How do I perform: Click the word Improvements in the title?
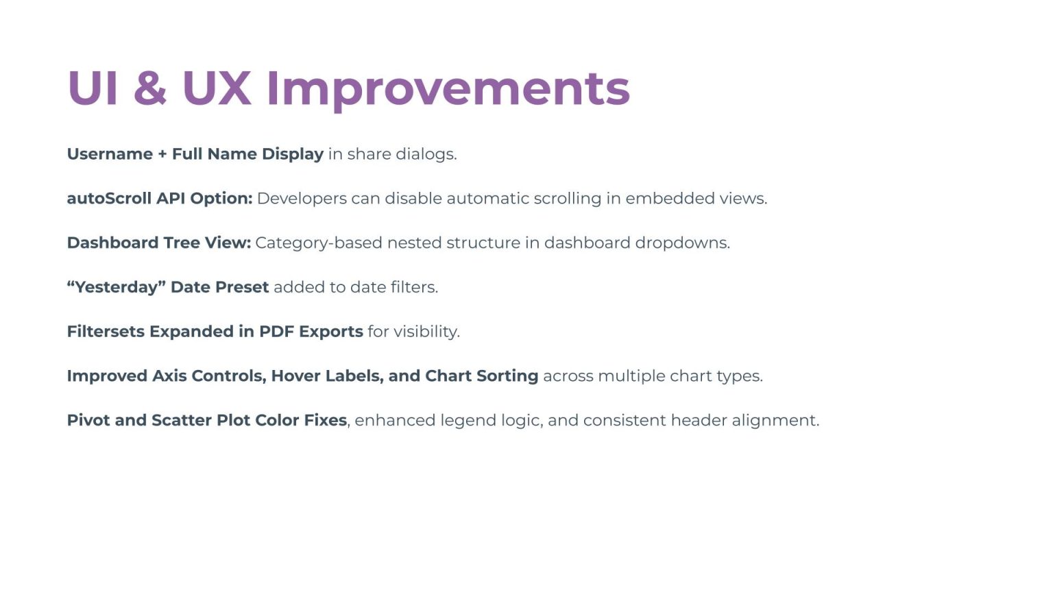coord(448,89)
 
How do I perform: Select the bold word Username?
coord(110,154)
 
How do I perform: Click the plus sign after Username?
coord(162,155)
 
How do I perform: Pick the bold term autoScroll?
coord(109,199)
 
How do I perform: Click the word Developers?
coord(302,199)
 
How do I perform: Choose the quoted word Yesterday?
coord(117,287)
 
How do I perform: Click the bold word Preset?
coord(243,287)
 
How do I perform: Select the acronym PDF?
coord(276,332)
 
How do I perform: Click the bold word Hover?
coord(295,376)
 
